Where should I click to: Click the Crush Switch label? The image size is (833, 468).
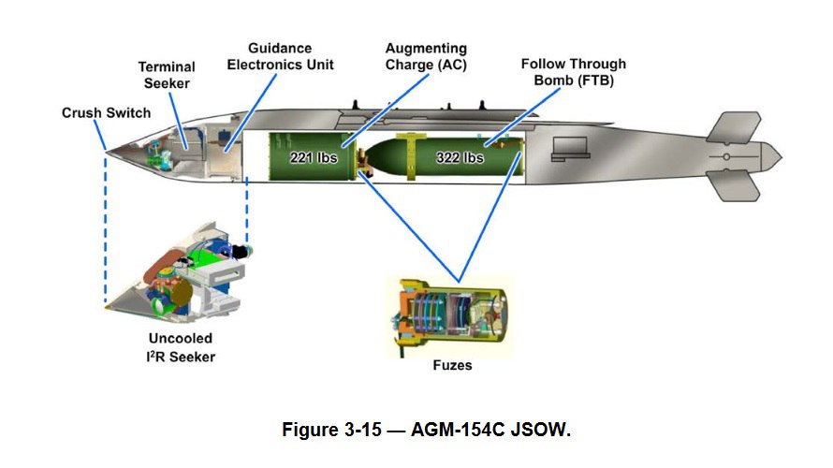coord(106,113)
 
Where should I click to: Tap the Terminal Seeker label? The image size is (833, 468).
coord(167,75)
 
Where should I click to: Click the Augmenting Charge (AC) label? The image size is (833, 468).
coord(426,56)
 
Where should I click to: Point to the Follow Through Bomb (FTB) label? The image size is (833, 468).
coord(573,72)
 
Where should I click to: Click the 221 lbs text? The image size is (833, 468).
coord(311,158)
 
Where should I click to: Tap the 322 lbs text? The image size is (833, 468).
coord(460,158)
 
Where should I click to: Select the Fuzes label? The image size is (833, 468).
coord(451,365)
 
